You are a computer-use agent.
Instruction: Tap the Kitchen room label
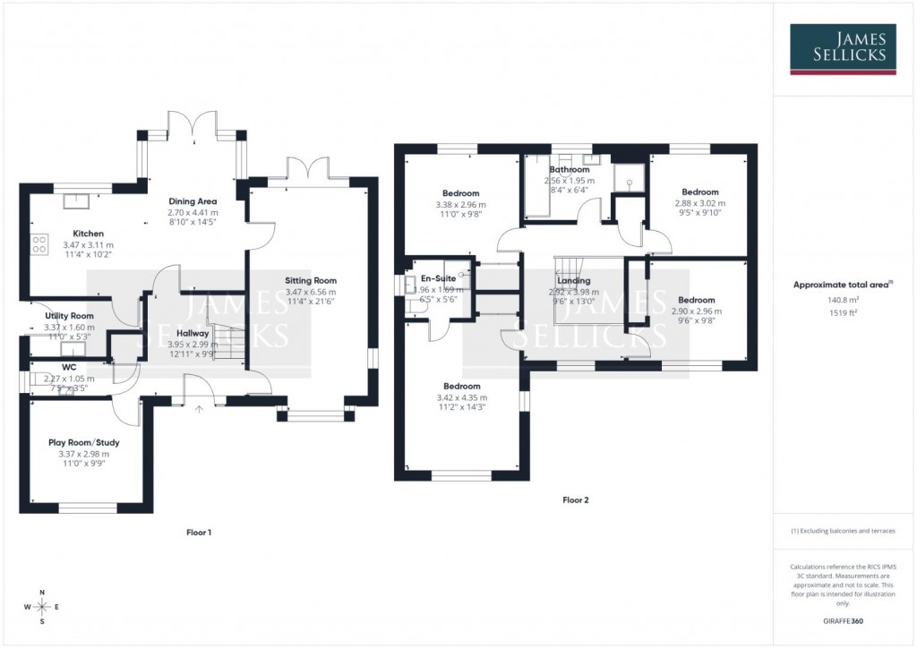point(89,233)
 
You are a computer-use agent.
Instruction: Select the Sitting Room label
point(311,280)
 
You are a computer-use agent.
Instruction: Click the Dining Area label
point(193,201)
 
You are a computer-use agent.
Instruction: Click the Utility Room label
point(69,316)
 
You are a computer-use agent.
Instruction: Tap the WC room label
point(69,367)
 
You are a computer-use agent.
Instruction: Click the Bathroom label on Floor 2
point(570,169)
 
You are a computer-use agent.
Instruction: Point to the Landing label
point(573,280)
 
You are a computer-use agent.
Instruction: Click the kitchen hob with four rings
point(39,243)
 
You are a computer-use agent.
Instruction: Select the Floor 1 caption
point(199,533)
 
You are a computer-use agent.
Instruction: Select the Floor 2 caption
point(575,500)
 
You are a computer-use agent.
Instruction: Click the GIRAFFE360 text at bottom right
point(843,620)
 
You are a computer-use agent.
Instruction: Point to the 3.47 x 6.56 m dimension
point(311,292)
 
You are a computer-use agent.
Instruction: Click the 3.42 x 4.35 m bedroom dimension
point(461,397)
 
